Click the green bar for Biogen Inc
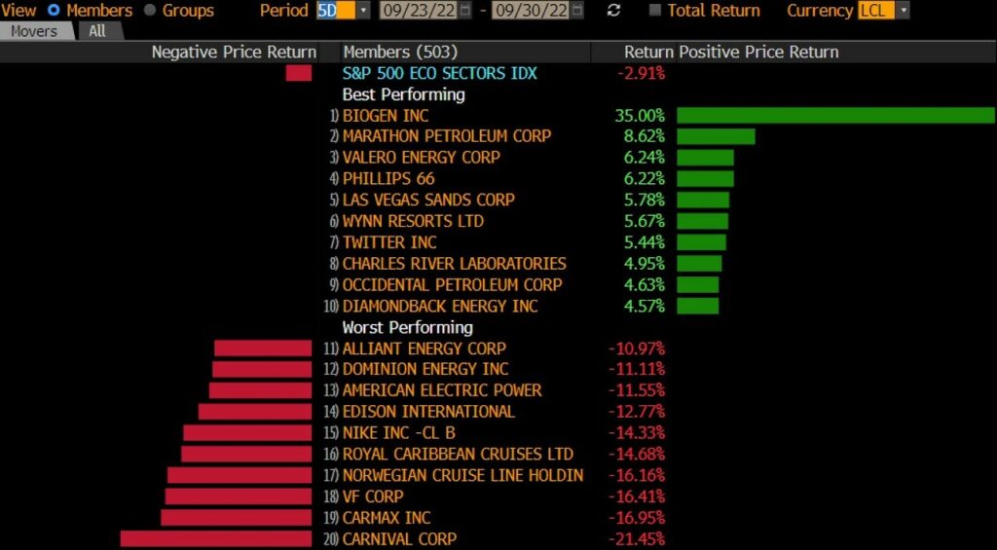point(835,115)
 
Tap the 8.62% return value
point(644,136)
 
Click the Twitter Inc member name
point(389,242)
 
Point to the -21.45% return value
point(636,539)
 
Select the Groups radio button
point(150,11)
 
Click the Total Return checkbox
point(654,11)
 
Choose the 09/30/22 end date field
point(530,11)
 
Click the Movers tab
point(34,31)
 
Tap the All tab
point(97,31)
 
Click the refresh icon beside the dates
point(613,11)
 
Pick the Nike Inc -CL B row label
point(398,433)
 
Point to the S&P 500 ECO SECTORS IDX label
point(439,73)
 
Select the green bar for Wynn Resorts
point(702,221)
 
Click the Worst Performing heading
point(407,327)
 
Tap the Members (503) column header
point(400,52)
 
